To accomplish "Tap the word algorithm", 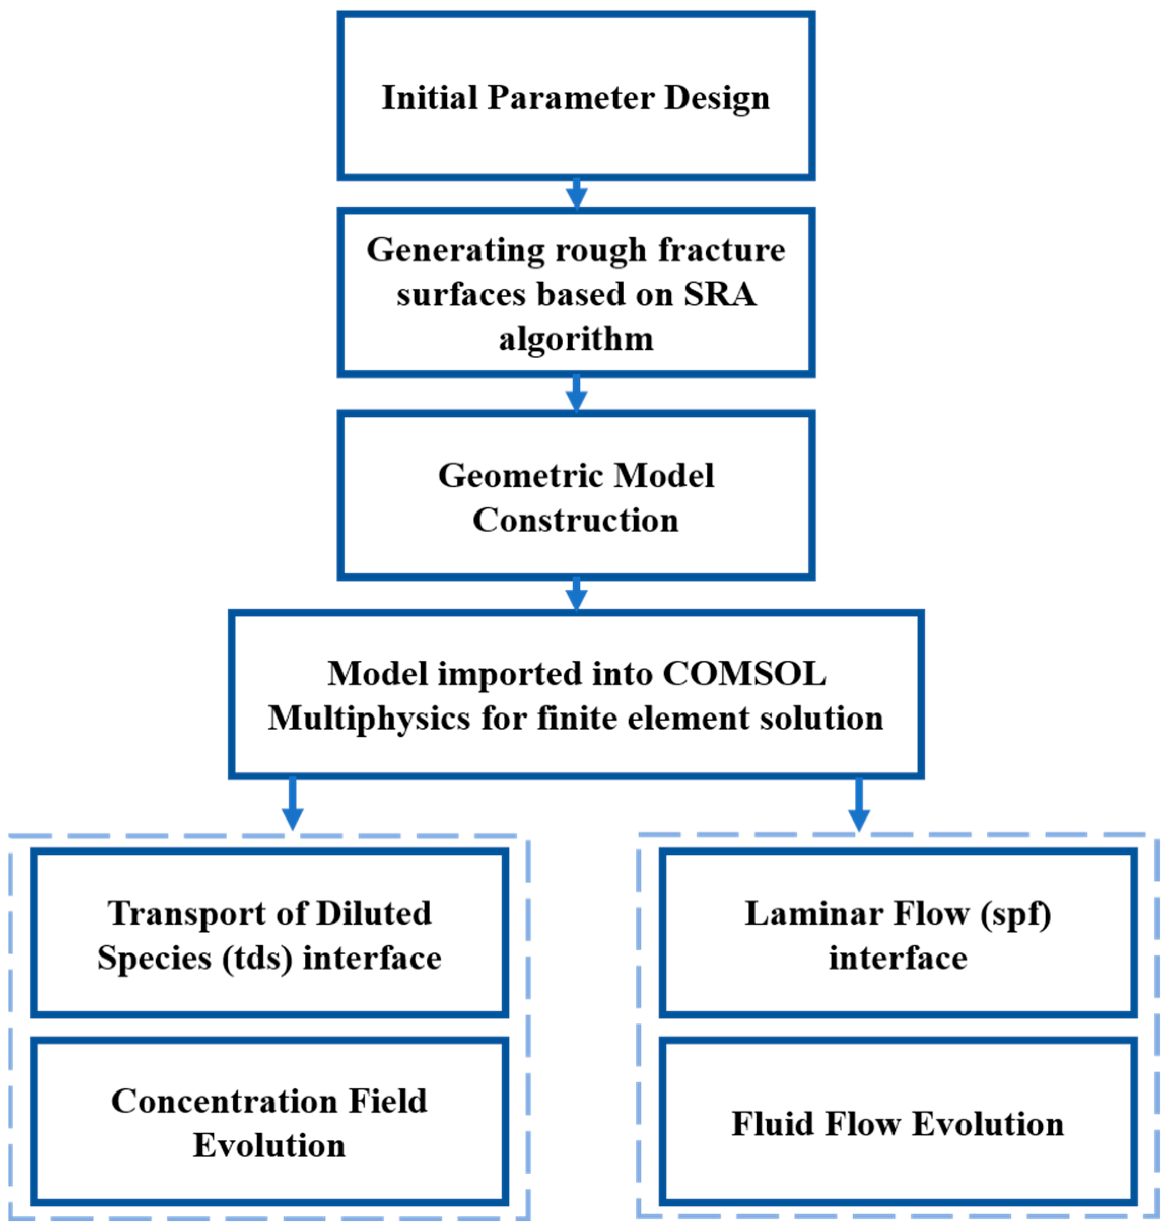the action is tap(576, 340).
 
